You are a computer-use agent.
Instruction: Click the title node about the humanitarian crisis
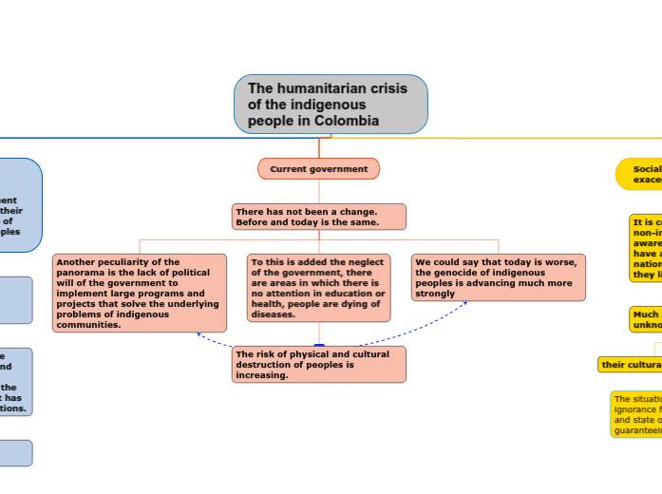click(331, 104)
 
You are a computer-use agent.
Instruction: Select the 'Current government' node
click(318, 169)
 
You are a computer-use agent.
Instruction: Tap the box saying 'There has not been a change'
click(318, 217)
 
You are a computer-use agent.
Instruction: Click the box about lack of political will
click(140, 293)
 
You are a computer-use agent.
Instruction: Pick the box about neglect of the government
click(318, 288)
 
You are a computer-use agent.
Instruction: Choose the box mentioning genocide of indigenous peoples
click(499, 277)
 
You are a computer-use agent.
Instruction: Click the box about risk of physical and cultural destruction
click(318, 365)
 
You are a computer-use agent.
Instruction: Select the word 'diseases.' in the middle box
click(273, 314)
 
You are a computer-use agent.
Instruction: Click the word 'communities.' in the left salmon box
click(88, 325)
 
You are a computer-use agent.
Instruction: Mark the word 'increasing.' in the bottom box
click(262, 375)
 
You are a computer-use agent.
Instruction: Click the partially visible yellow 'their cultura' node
click(630, 365)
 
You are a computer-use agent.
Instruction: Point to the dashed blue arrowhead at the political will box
click(199, 334)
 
